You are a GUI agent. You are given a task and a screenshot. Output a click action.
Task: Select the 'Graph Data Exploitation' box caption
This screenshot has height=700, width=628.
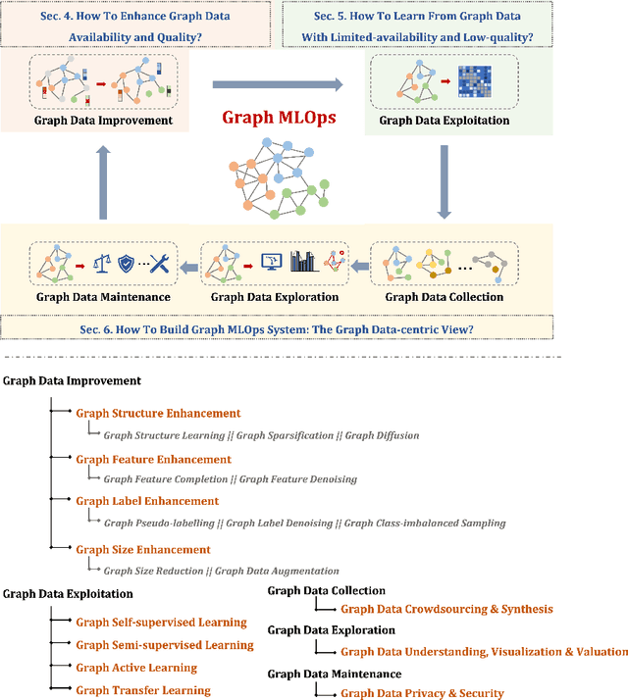[444, 122]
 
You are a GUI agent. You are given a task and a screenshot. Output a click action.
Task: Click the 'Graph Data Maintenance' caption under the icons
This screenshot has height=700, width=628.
[103, 297]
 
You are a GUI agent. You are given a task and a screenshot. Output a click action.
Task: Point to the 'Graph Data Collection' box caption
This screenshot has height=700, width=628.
[445, 297]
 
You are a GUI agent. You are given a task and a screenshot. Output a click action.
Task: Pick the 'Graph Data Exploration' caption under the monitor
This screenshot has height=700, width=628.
[276, 297]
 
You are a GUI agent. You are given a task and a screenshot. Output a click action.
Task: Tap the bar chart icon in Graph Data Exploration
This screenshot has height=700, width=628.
[304, 260]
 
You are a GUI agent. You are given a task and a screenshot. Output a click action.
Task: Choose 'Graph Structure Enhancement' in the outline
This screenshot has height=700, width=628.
[158, 414]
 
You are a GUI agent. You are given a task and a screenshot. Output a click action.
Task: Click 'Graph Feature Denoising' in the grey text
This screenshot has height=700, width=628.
[297, 479]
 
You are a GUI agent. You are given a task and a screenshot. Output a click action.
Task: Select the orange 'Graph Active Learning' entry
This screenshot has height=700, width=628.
[136, 668]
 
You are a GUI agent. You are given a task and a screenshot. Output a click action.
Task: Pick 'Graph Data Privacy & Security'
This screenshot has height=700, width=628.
[422, 693]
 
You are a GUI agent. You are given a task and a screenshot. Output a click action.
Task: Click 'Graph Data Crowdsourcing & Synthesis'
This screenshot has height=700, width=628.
[446, 609]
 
